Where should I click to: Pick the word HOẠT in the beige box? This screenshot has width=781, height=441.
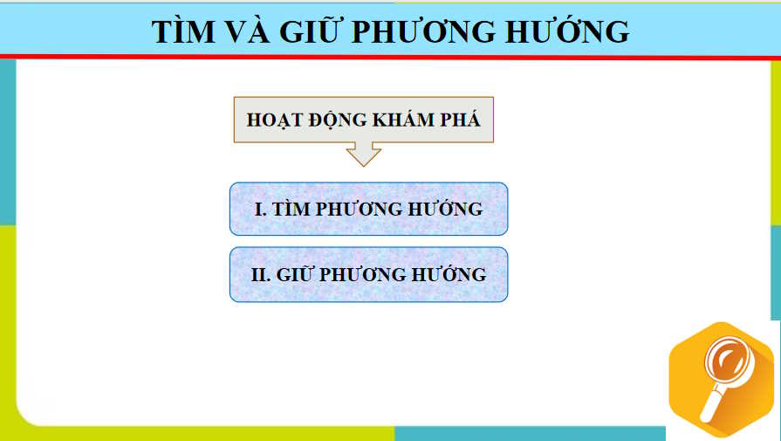click(277, 121)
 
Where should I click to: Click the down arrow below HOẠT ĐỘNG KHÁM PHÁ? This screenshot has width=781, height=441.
click(364, 155)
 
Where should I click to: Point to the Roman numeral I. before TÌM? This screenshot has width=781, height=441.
click(260, 210)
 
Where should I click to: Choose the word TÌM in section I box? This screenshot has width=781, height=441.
click(292, 210)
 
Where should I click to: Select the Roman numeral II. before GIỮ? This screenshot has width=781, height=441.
click(261, 274)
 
